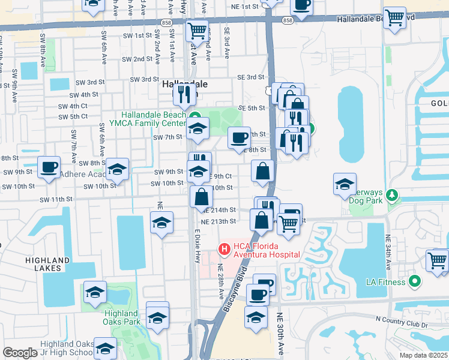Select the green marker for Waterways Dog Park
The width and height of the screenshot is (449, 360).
(392, 195)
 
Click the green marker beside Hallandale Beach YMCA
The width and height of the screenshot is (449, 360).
(194, 116)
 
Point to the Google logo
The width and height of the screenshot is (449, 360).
(20, 353)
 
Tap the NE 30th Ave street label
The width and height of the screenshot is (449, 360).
(280, 330)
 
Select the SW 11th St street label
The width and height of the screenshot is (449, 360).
(56, 199)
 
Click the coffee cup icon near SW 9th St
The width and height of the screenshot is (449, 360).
(49, 167)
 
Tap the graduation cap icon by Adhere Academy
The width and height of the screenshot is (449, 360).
(118, 169)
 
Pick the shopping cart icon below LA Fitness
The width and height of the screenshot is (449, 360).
(438, 260)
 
